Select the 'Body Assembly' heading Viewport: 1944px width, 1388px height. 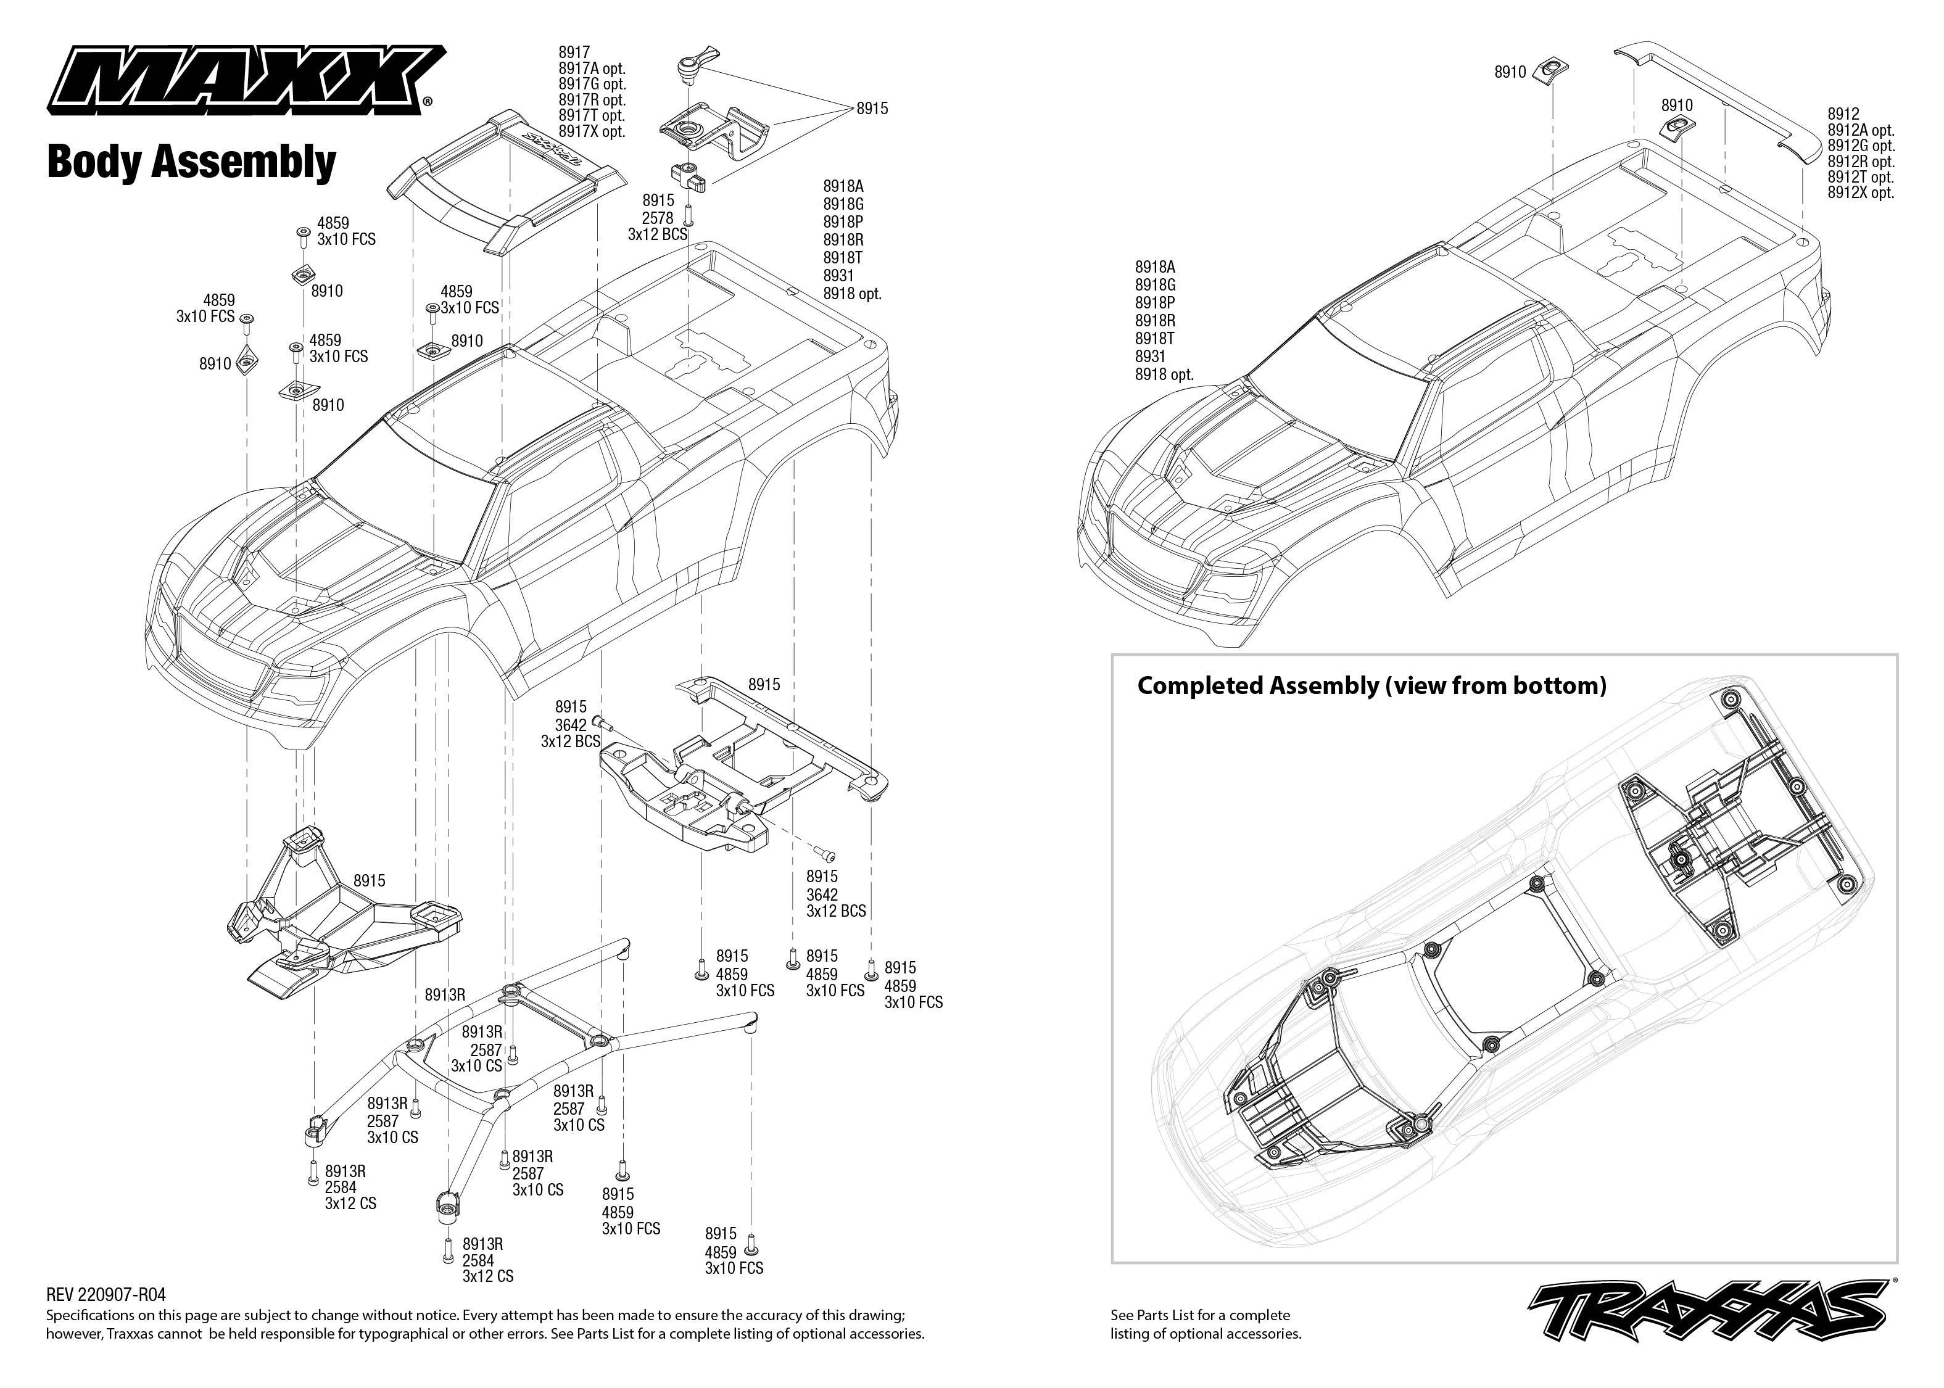(x=191, y=162)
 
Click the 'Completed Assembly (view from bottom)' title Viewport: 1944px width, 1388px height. (x=1371, y=685)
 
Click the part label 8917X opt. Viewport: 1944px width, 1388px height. (x=591, y=131)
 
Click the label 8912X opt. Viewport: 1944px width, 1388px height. (x=1860, y=193)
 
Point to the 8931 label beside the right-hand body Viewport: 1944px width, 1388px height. (x=1150, y=357)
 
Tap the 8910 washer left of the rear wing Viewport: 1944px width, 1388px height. (x=1551, y=72)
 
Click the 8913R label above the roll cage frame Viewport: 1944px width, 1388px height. (x=444, y=995)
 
